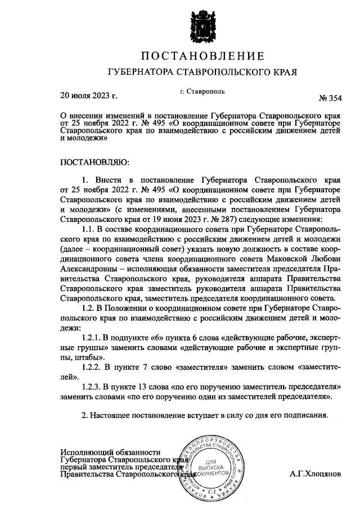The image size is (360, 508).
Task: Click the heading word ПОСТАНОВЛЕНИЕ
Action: [x=201, y=56]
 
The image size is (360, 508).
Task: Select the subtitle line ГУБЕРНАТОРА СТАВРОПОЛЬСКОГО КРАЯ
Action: [x=201, y=72]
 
